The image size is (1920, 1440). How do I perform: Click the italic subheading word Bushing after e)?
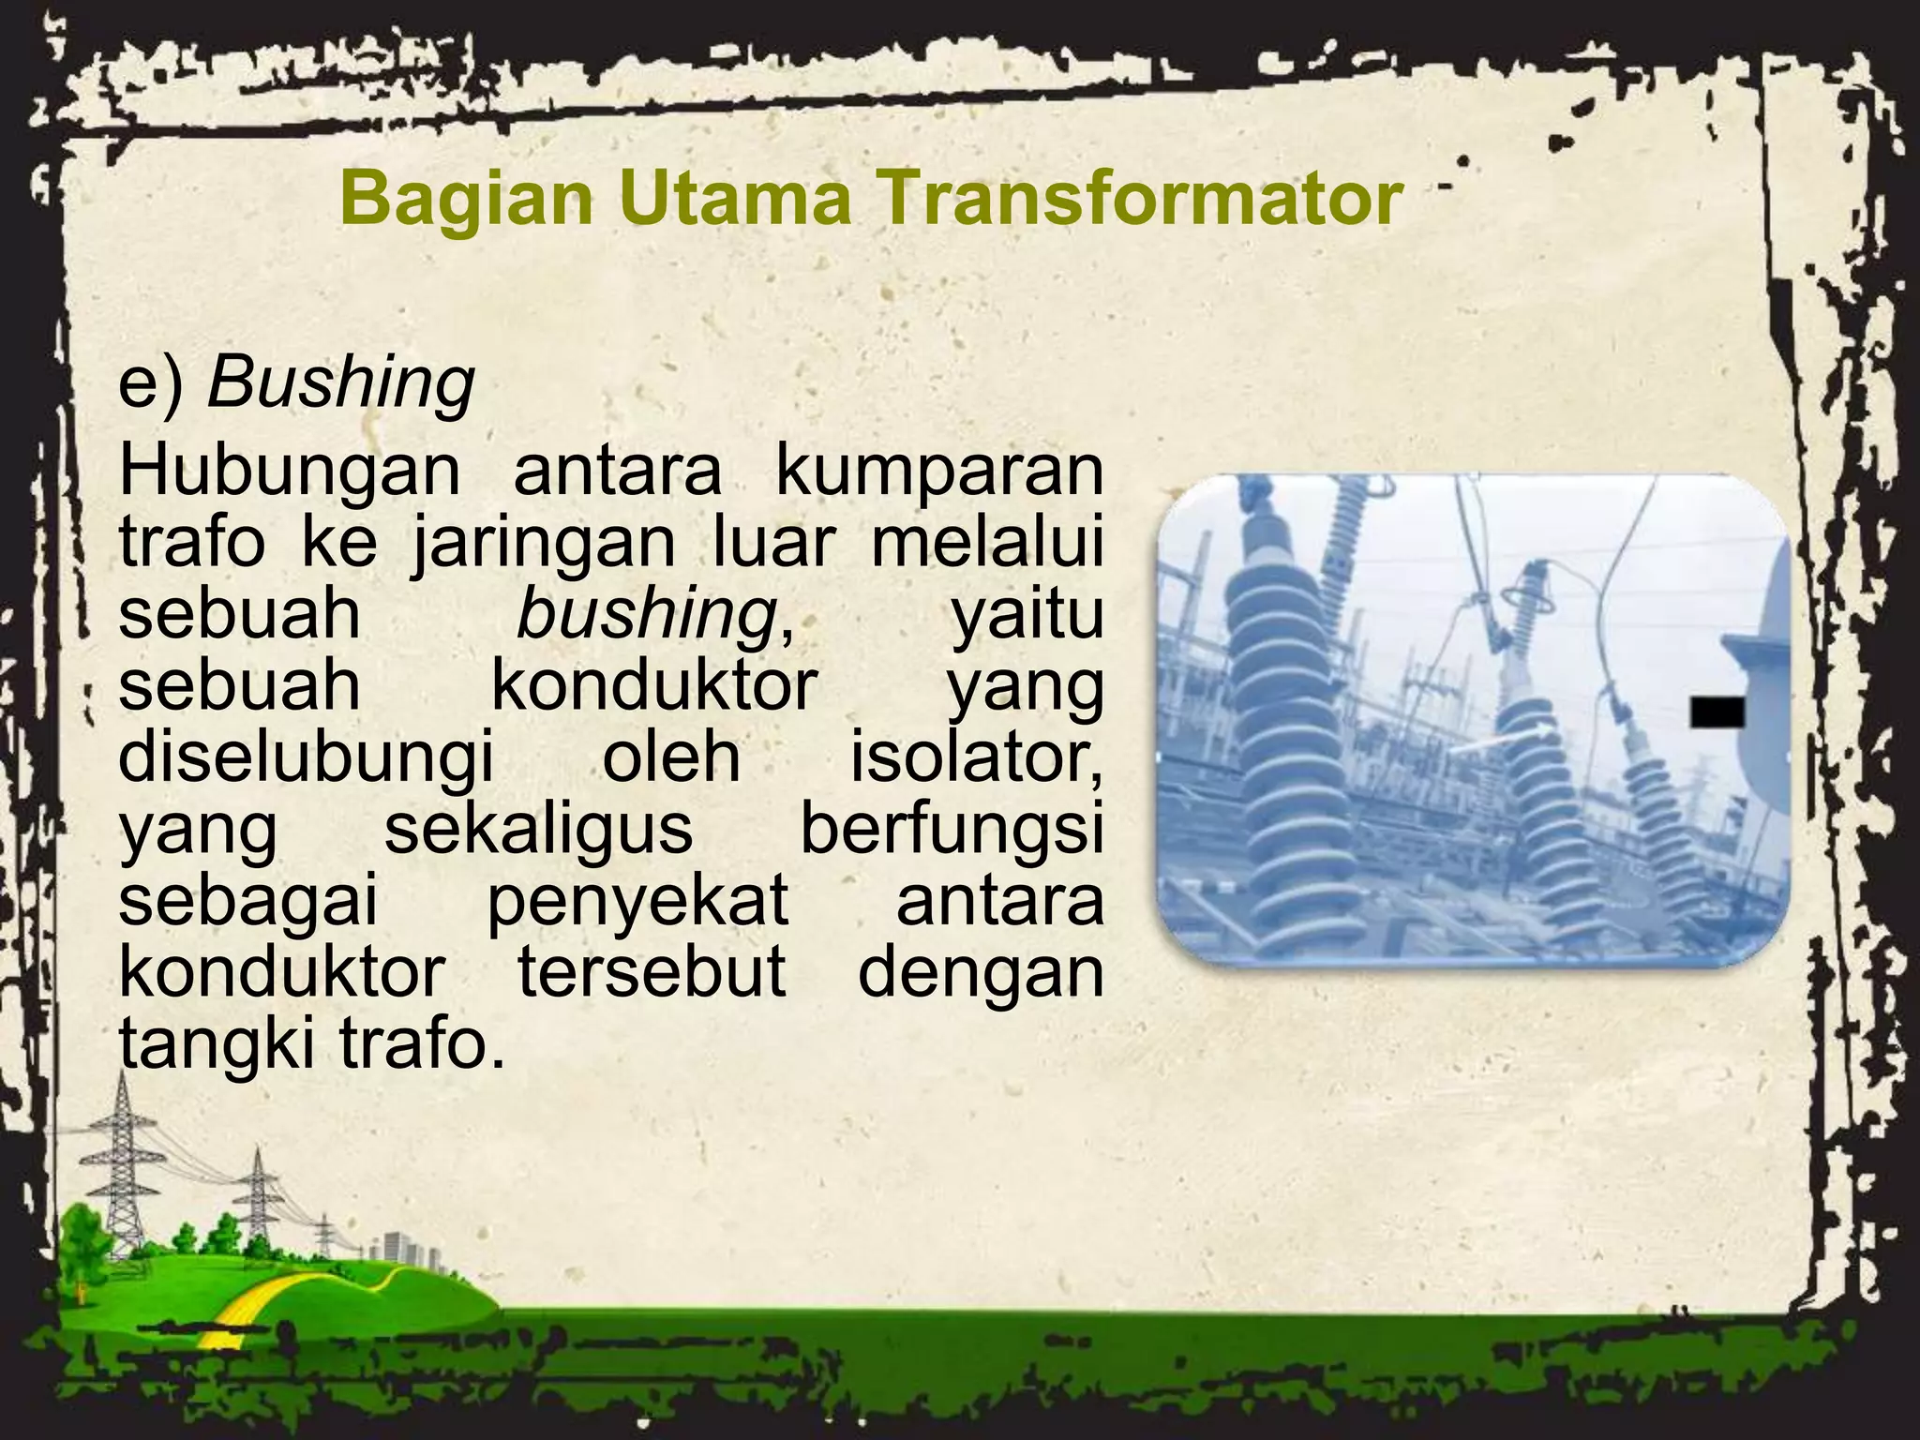[x=340, y=384]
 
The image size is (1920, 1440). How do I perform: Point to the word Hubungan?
[x=289, y=473]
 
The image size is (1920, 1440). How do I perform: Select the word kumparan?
[x=939, y=473]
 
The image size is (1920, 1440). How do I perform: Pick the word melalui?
[x=986, y=544]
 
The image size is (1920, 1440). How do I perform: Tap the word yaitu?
[x=1027, y=615]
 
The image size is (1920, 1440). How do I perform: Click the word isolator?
[x=975, y=757]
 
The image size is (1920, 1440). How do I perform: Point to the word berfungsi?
[x=951, y=830]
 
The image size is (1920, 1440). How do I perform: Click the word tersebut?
[x=652, y=972]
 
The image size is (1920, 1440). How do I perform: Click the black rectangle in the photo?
[x=1717, y=712]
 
